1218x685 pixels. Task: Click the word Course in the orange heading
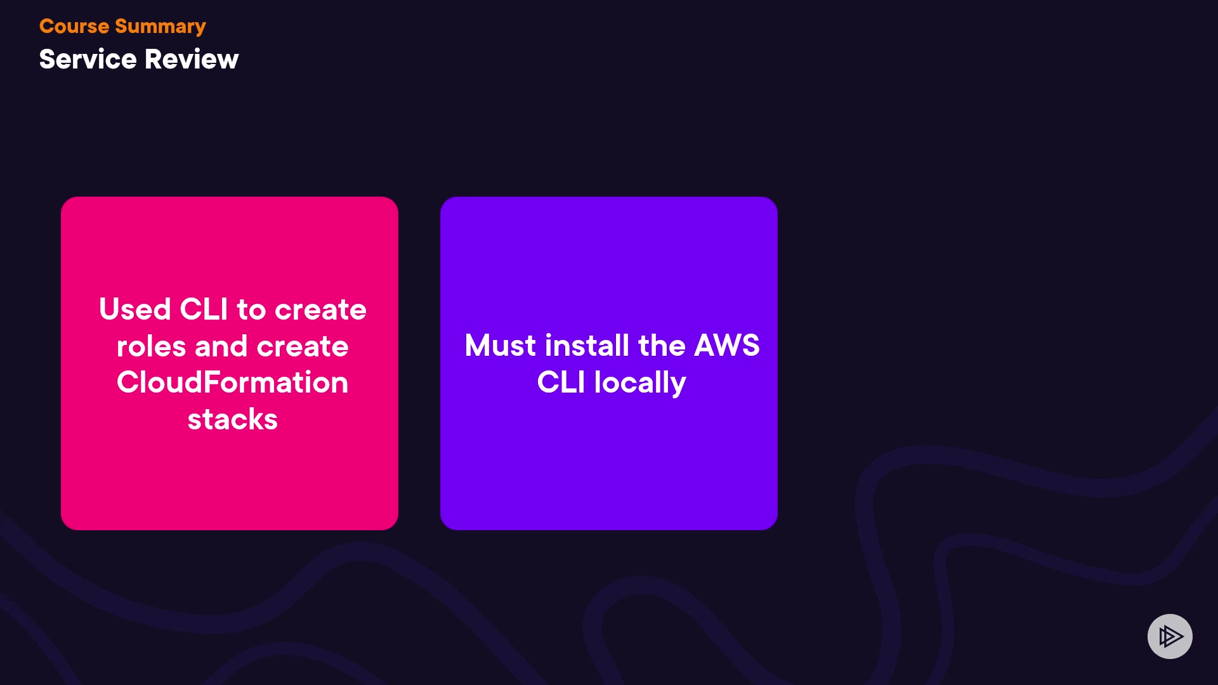[74, 26]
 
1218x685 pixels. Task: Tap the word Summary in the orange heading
[160, 27]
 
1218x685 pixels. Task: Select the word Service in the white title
[88, 59]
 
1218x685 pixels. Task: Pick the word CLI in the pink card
[204, 310]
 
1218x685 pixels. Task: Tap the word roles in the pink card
[151, 346]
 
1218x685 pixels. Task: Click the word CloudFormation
[232, 382]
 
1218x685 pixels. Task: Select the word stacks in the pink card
[232, 419]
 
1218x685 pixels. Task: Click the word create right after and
[303, 346]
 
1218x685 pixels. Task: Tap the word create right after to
[320, 310]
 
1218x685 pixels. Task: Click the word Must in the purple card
[501, 346]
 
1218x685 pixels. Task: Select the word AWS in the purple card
[727, 346]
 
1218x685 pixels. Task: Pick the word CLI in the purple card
[561, 382]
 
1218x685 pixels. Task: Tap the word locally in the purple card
[640, 383]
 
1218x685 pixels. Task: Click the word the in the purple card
[662, 346]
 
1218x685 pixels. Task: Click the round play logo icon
[1170, 636]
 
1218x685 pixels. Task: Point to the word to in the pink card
[251, 310]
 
